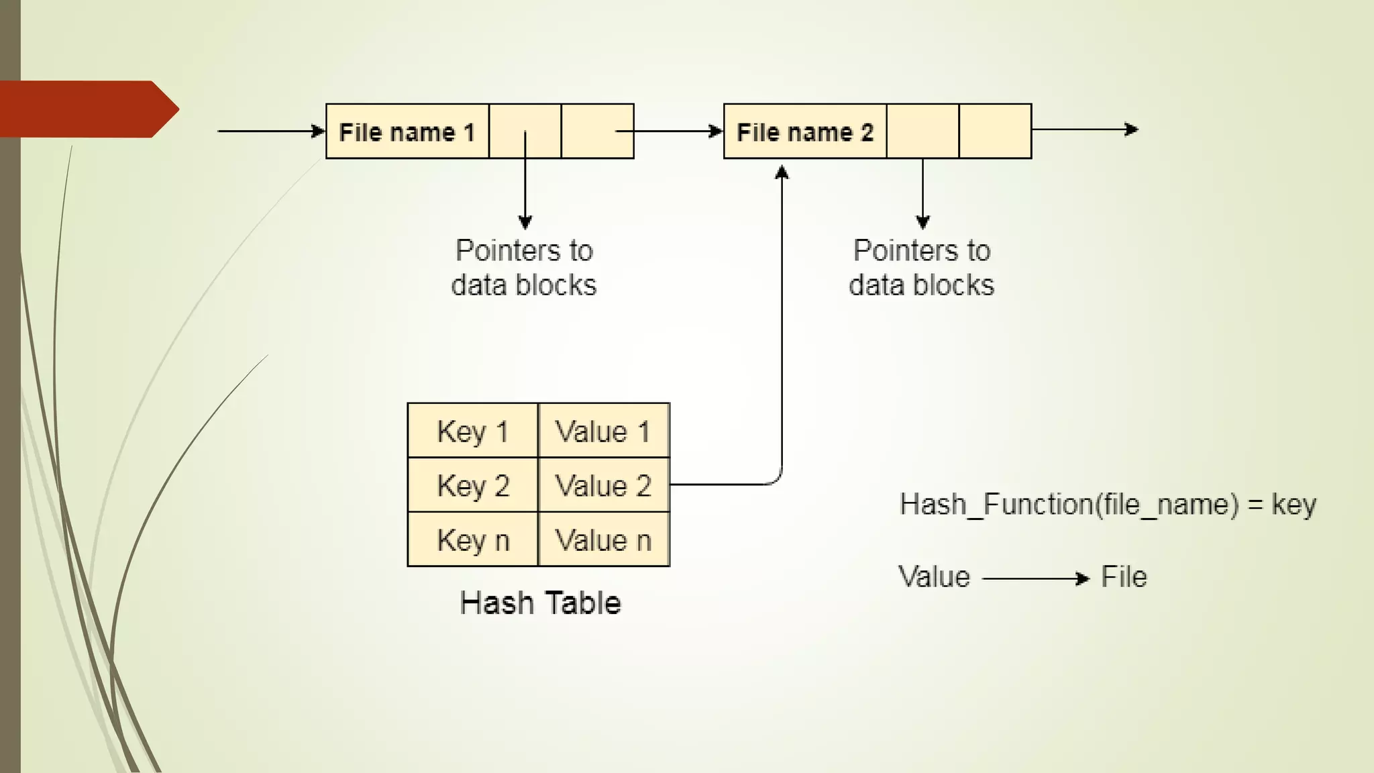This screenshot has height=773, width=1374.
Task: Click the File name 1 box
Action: [407, 132]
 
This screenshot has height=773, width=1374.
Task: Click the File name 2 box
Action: [805, 132]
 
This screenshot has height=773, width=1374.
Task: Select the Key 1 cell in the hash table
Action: [472, 431]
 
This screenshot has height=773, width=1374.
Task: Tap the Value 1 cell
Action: [603, 431]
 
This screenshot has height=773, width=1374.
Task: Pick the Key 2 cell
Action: [472, 485]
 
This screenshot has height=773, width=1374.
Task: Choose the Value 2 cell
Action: [603, 485]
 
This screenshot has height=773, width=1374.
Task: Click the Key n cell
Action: [472, 539]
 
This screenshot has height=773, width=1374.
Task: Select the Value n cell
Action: [603, 539]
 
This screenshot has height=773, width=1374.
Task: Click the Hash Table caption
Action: [540, 603]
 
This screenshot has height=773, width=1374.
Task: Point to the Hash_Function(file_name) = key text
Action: [1107, 505]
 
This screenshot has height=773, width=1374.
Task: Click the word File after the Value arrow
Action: [1124, 577]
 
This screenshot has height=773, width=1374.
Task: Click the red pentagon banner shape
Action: [87, 109]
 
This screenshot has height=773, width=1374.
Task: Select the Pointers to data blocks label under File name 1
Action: [524, 268]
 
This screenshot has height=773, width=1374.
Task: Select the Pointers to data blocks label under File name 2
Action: [921, 268]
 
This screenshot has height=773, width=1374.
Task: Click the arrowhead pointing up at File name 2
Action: [782, 173]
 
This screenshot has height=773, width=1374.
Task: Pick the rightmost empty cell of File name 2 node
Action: [995, 132]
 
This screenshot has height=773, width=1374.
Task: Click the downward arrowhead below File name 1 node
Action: [525, 222]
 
